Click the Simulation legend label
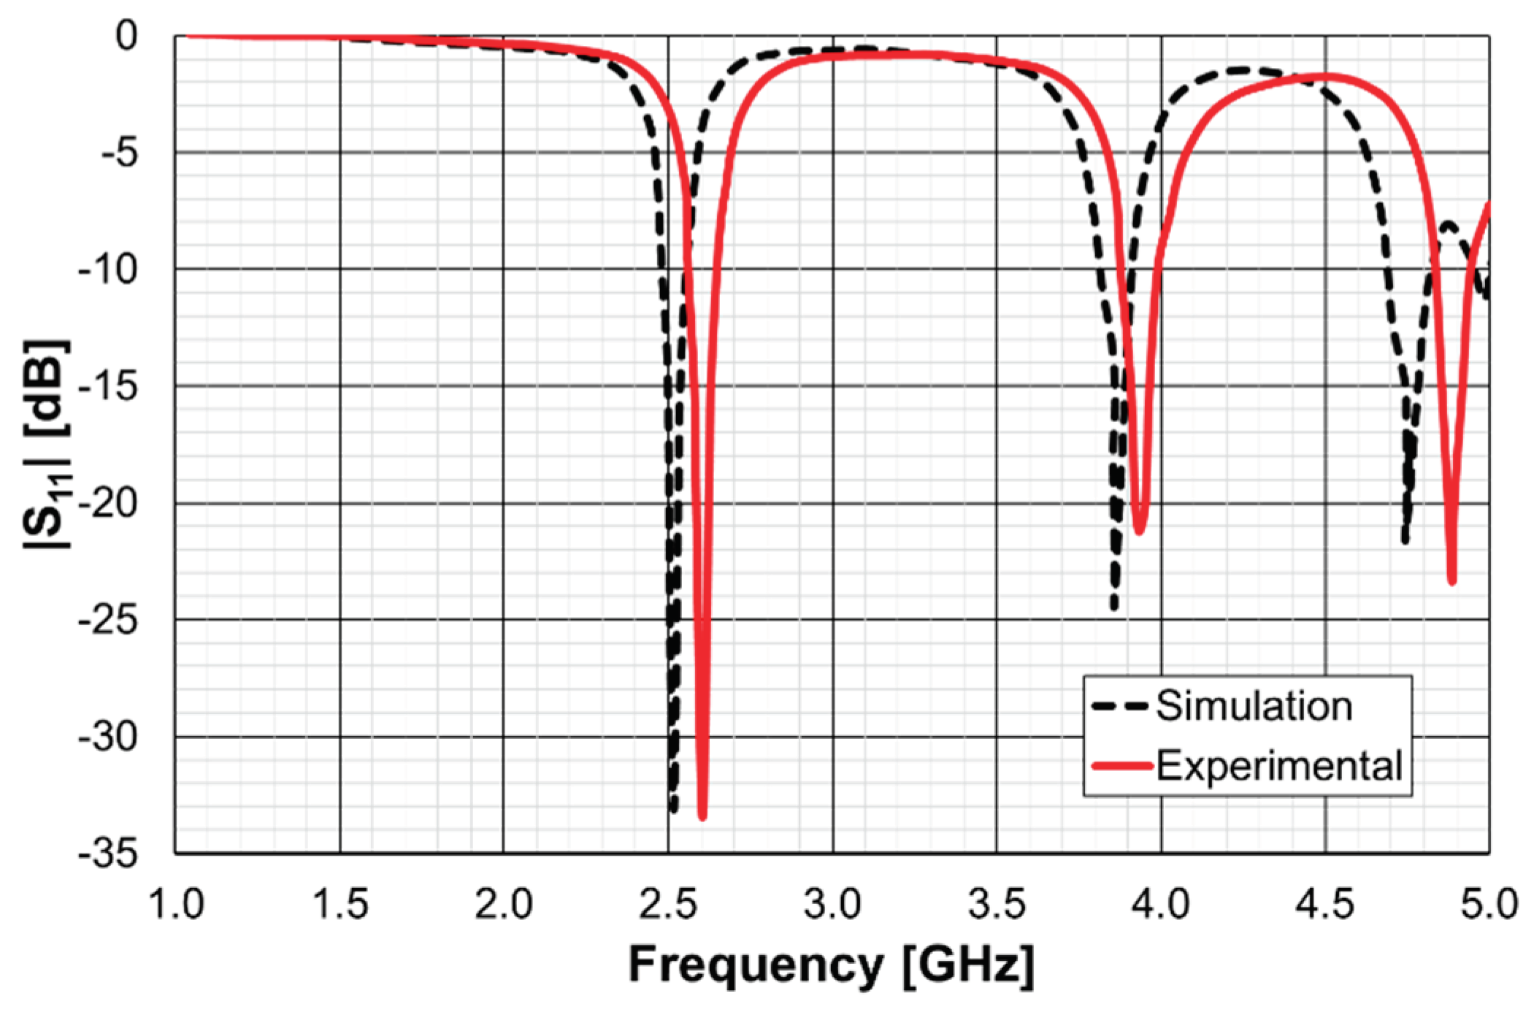click(1253, 706)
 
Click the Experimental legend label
click(1278, 766)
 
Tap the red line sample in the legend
click(1122, 766)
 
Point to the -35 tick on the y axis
click(107, 852)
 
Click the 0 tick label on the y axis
click(126, 36)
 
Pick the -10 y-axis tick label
click(107, 269)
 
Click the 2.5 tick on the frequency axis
click(667, 904)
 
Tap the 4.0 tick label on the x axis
click(1160, 904)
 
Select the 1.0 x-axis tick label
click(175, 904)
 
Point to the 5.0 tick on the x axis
click(1489, 904)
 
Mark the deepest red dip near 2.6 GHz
click(702, 816)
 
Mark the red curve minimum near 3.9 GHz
click(1139, 530)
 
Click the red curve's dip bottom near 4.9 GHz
click(1451, 580)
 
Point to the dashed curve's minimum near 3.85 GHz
click(1114, 606)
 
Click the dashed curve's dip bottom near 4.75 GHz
click(1405, 540)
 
